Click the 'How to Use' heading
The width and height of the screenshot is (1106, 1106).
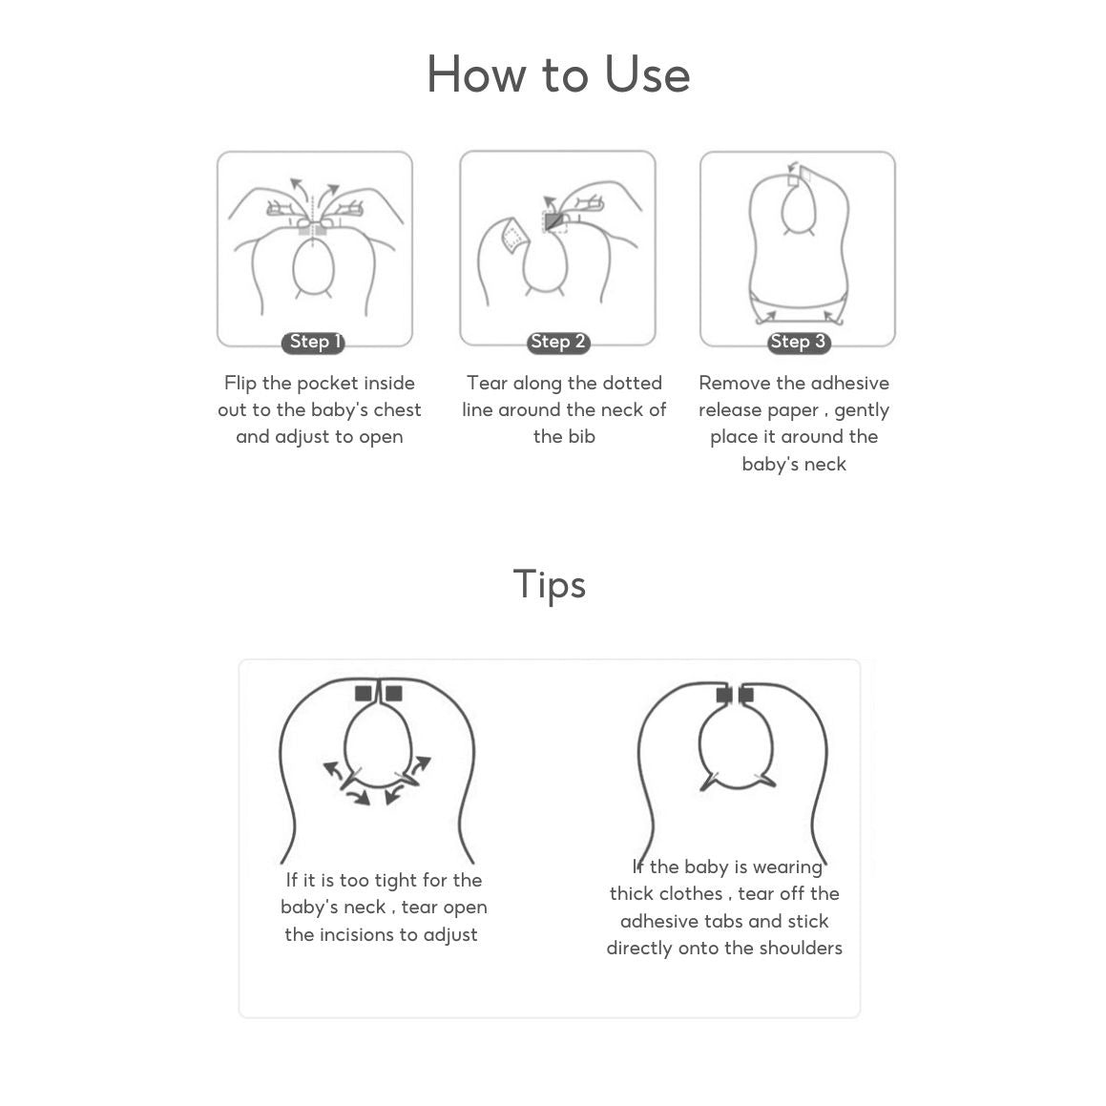(x=558, y=74)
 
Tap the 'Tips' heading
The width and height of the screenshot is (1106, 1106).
(x=550, y=585)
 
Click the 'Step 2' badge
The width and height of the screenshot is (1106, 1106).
(x=558, y=342)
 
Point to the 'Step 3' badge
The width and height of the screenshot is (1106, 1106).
(x=799, y=342)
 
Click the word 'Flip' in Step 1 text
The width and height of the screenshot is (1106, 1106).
(x=240, y=383)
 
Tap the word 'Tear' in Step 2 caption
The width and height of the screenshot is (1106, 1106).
(x=487, y=383)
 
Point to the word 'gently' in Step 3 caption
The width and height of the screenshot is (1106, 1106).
(x=862, y=410)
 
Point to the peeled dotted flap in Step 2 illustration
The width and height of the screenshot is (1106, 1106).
(x=514, y=235)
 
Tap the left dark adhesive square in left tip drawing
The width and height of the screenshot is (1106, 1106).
(x=364, y=694)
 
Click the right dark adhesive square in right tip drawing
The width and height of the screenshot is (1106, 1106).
(x=746, y=696)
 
